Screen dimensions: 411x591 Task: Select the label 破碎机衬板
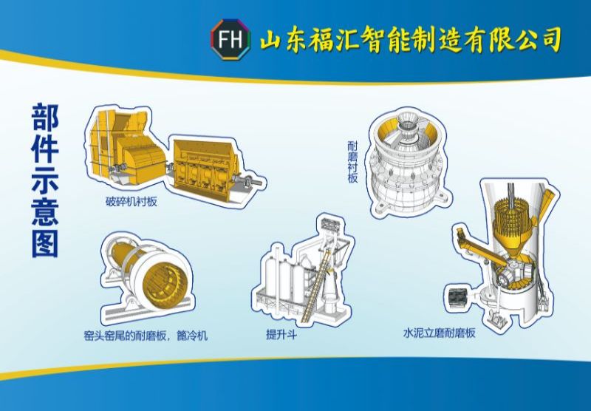pos(132,201)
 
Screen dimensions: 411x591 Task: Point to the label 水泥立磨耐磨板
pos(439,333)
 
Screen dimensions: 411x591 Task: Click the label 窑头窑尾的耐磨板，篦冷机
pos(146,336)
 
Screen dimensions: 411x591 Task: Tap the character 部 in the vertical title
pos(45,117)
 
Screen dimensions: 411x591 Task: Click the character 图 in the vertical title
pos(45,243)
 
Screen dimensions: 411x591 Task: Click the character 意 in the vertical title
pos(45,212)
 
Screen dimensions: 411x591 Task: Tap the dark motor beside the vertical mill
pos(457,299)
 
